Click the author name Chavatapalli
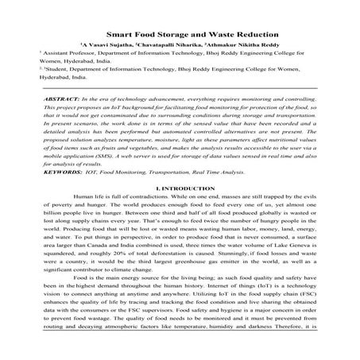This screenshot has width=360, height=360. click(168, 47)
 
